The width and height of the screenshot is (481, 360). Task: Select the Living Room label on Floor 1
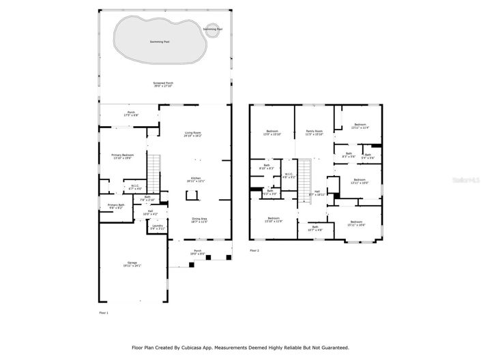pos(192,134)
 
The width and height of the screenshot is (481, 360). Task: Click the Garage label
pos(132,264)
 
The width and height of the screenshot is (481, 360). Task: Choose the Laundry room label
pos(158,226)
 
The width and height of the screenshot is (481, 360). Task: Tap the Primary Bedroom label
pos(123,156)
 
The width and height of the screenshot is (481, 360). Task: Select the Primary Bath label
pos(115,206)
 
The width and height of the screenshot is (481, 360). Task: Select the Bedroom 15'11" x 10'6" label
pos(358,223)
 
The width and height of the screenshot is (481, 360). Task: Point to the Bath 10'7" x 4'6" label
pos(315,228)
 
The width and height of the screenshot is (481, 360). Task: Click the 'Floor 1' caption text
pos(104,312)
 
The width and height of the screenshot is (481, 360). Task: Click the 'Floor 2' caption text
pos(254,251)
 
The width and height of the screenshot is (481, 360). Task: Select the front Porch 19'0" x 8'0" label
pos(199,253)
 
